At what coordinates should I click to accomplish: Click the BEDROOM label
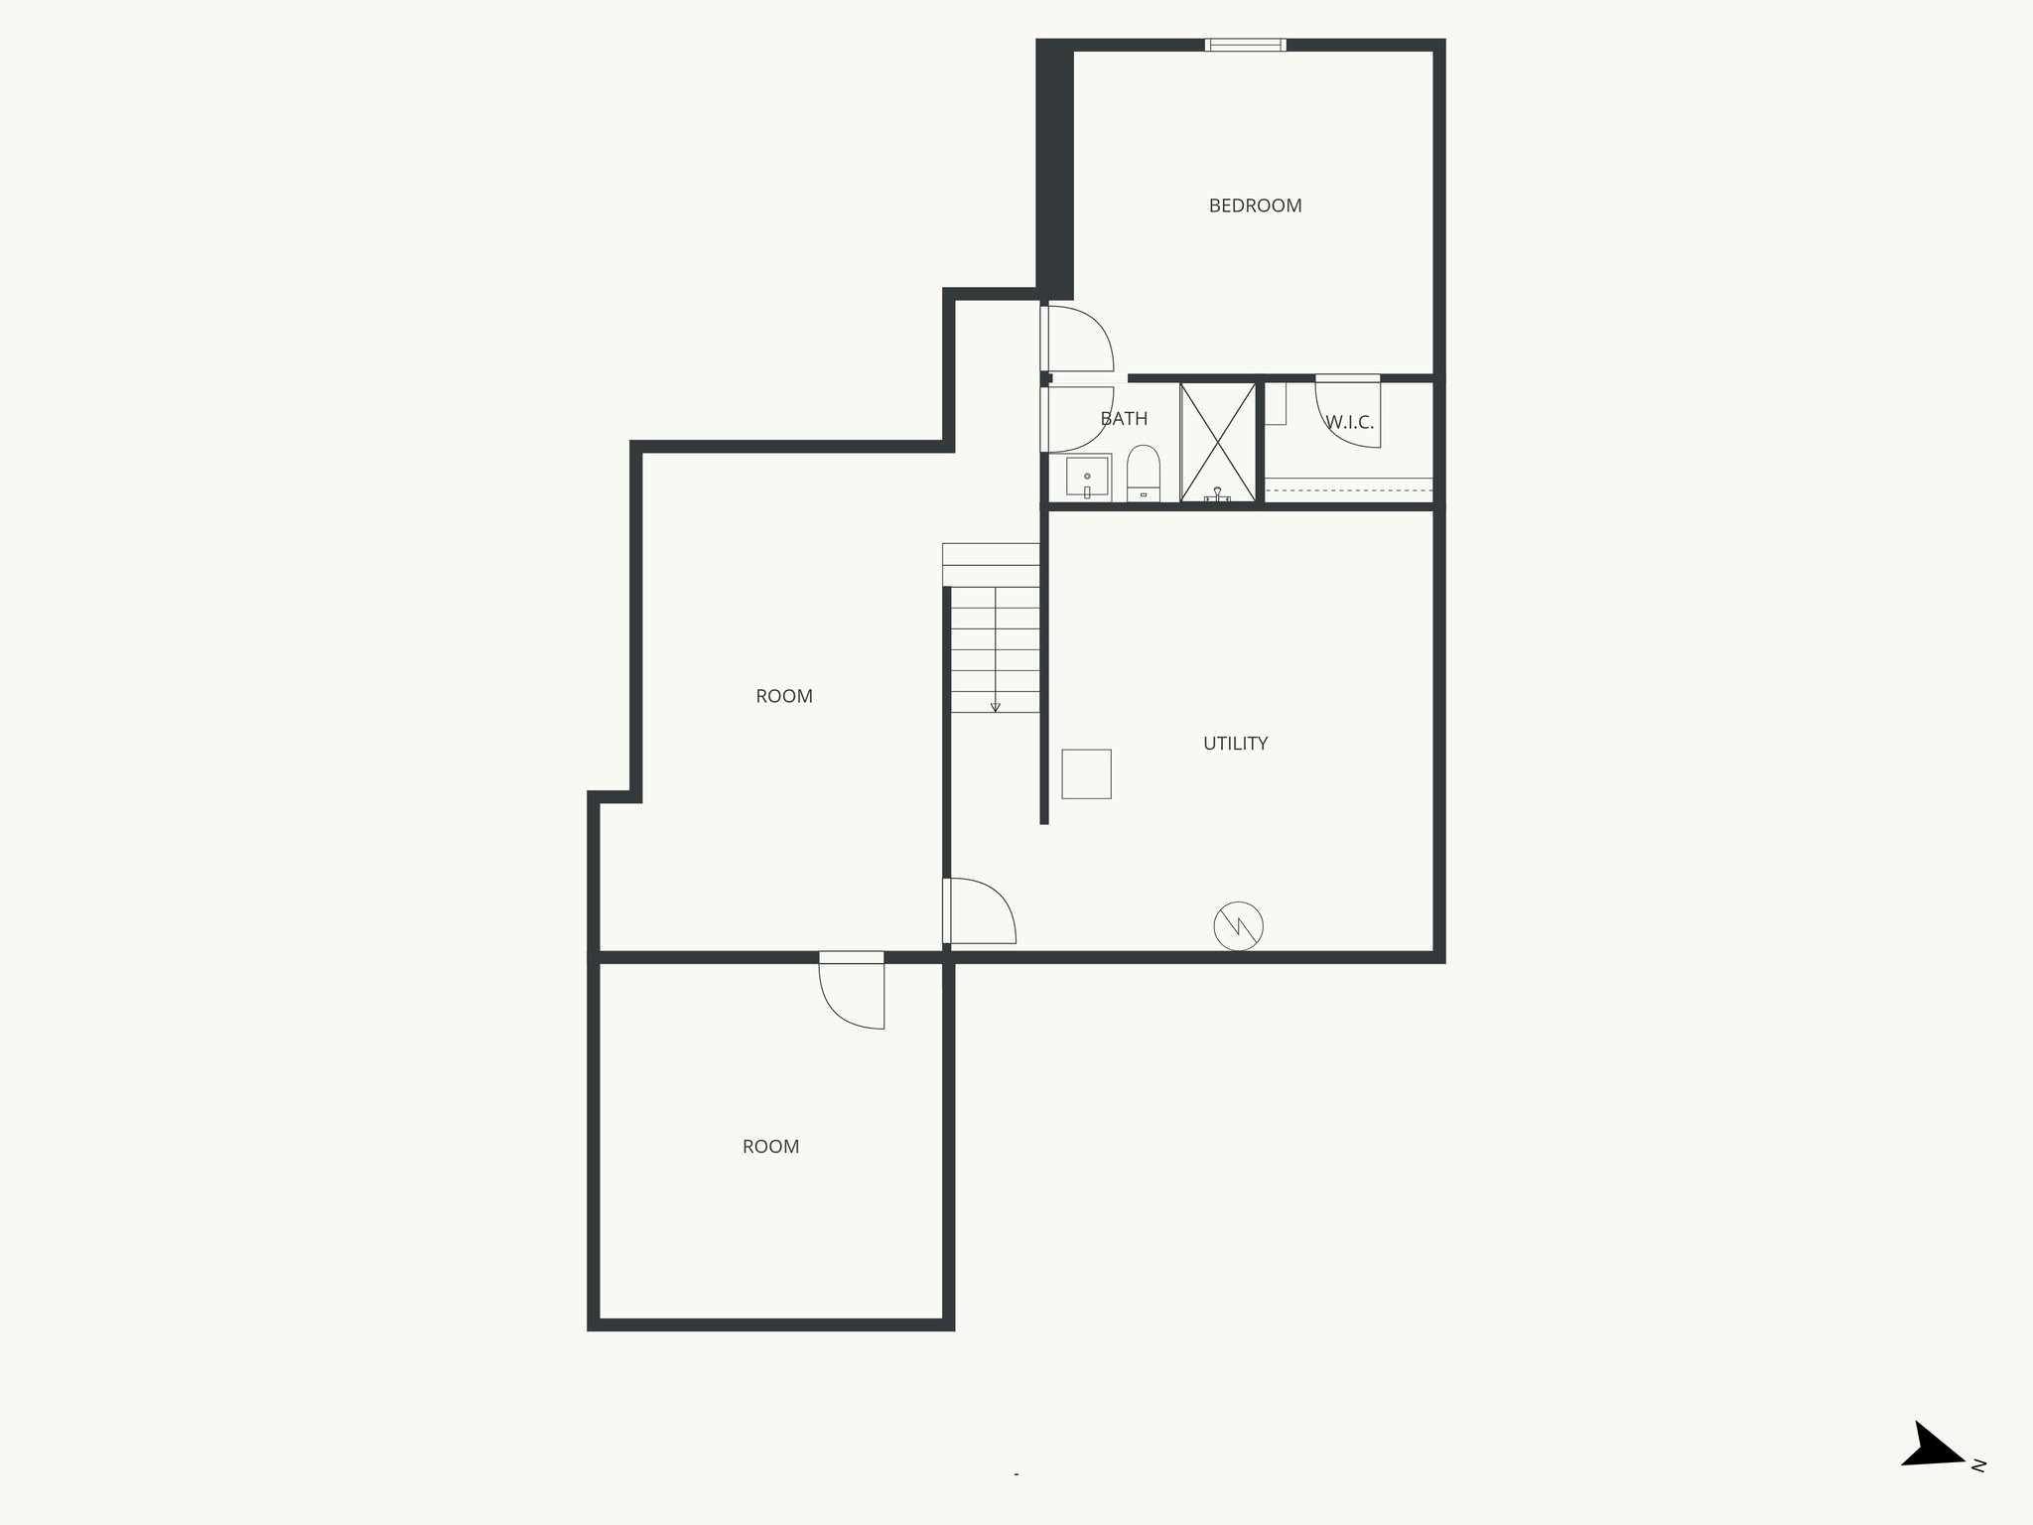1255,206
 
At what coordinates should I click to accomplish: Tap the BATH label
1124,419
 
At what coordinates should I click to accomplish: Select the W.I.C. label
1350,422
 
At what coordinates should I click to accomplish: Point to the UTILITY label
1235,744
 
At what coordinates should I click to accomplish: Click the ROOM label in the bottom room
770,1147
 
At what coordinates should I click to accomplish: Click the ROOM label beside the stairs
784,696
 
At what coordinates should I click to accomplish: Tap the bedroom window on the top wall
1245,45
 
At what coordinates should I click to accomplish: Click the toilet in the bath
1144,474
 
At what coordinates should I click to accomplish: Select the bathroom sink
1087,478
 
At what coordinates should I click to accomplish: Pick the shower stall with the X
1218,441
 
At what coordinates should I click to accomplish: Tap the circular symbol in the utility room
1238,926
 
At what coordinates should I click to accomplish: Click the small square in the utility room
1086,773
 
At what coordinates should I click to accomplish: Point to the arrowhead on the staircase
995,707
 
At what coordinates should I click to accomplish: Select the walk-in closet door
1348,412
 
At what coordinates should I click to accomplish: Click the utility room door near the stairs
980,910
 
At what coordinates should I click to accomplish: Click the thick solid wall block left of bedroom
1054,169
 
